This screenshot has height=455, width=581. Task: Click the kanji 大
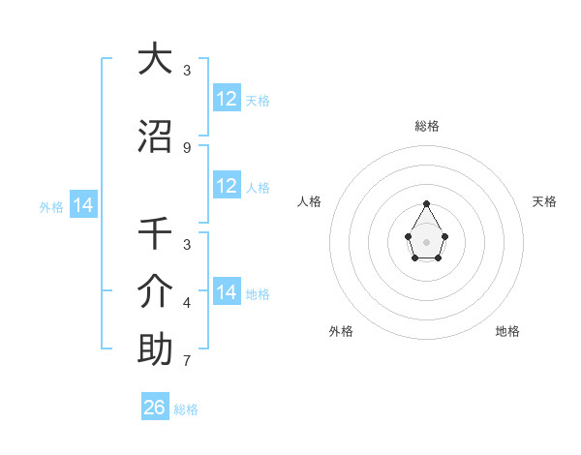(155, 59)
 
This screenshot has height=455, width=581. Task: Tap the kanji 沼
(155, 136)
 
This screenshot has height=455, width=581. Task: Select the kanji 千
(155, 233)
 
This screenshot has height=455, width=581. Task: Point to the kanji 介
(155, 291)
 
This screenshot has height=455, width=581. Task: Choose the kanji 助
(155, 349)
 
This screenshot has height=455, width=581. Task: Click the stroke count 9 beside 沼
(186, 148)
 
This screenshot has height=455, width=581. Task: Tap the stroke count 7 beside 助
(186, 362)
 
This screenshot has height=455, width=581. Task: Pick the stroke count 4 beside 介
(186, 303)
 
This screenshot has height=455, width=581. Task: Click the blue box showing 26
(155, 408)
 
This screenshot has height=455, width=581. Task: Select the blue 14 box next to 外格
(83, 205)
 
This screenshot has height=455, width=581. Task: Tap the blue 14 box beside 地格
(227, 292)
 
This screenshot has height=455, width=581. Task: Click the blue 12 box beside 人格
(227, 186)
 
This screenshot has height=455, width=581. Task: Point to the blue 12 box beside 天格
(227, 99)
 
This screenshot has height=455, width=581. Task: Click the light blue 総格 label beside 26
(186, 409)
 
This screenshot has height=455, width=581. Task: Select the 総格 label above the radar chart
(427, 126)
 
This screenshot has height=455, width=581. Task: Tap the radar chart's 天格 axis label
(545, 201)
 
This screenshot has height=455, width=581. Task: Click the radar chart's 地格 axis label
(507, 331)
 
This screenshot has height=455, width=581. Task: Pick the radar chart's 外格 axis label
(341, 331)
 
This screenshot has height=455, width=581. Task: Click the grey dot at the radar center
(427, 240)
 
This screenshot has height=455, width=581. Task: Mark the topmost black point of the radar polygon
(427, 203)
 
